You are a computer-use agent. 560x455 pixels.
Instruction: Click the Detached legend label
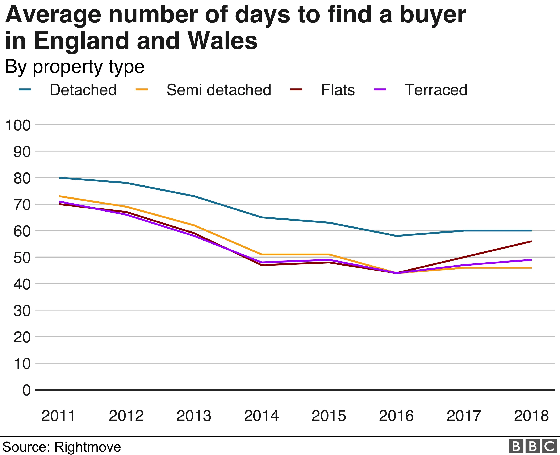[x=83, y=90]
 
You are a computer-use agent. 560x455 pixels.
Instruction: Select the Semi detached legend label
[x=218, y=90]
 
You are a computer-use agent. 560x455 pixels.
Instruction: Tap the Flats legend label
[x=338, y=90]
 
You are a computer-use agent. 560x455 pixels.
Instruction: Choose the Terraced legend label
[x=436, y=90]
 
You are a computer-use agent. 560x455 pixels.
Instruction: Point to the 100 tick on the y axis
[x=18, y=125]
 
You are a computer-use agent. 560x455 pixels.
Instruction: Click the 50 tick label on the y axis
[x=22, y=258]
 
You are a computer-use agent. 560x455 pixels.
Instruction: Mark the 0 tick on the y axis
[x=26, y=390]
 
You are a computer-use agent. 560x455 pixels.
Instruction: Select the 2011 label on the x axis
[x=58, y=416]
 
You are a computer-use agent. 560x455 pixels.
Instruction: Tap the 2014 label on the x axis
[x=261, y=416]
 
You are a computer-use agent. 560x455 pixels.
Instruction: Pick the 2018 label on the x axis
[x=531, y=416]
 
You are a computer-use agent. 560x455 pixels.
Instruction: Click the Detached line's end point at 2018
[x=531, y=231]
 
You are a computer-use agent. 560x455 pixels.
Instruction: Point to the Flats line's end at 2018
[x=531, y=241]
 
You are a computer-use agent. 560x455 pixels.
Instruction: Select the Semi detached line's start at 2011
[x=60, y=196]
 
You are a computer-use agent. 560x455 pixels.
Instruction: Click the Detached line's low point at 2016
[x=397, y=236]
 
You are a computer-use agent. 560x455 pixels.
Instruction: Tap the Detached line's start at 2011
[x=60, y=178]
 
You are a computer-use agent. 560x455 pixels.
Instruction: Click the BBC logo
[x=532, y=446]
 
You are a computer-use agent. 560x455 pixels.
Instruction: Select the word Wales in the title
[x=222, y=41]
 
